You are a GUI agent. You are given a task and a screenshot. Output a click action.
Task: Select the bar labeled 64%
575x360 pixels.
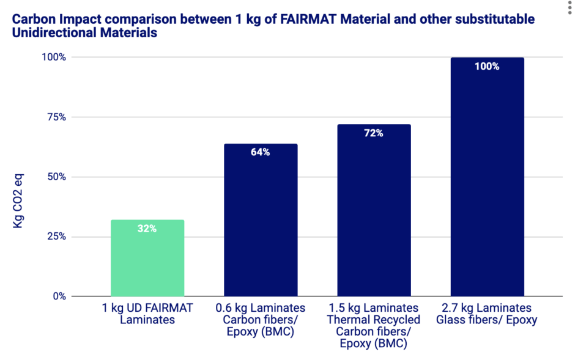click(261, 220)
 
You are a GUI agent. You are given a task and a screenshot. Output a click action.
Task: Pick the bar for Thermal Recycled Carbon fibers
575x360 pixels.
click(374, 210)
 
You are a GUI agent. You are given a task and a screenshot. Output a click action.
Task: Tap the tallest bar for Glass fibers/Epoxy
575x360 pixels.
click(487, 177)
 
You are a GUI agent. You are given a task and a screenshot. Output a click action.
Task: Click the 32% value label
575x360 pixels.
click(147, 229)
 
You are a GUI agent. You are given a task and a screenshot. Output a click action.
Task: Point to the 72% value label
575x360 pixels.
click(374, 133)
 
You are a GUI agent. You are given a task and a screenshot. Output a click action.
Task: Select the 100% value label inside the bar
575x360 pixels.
click(487, 67)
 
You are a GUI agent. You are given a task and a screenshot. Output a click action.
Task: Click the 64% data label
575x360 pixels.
click(261, 153)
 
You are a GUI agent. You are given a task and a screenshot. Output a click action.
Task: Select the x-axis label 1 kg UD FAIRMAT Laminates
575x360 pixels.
click(147, 314)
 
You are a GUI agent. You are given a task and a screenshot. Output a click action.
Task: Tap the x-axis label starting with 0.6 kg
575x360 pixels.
click(261, 319)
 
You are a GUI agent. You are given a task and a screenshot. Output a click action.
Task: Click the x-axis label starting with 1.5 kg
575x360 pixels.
click(374, 325)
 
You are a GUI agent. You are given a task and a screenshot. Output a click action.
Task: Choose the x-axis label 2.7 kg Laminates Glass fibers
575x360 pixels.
click(487, 314)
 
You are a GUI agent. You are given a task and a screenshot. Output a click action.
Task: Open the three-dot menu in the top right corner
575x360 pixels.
click(568, 5)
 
